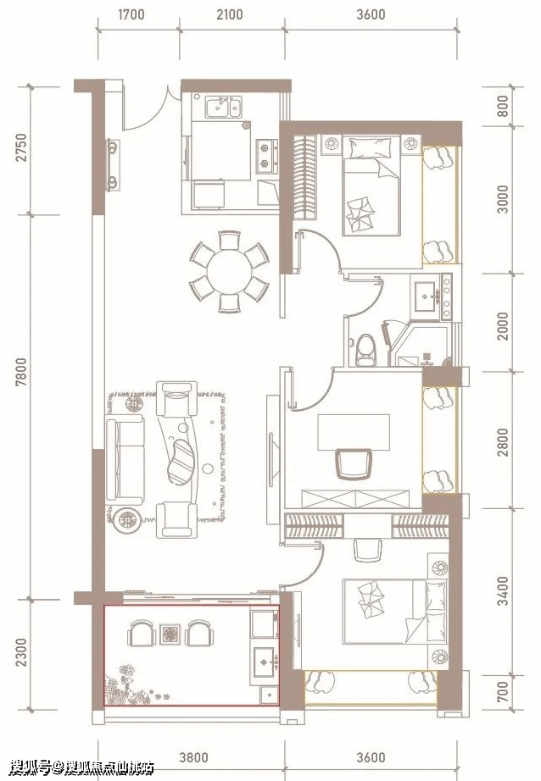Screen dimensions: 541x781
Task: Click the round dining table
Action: (229, 272)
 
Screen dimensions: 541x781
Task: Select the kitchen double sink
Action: (223, 107)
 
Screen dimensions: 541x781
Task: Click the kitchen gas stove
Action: (267, 156)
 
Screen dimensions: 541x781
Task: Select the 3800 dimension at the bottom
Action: (193, 757)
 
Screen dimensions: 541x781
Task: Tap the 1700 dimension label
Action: (131, 14)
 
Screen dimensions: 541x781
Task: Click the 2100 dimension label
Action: (230, 14)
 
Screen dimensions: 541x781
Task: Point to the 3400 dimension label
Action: (504, 590)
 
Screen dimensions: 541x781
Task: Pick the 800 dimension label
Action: (504, 106)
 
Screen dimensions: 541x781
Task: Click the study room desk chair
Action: (354, 463)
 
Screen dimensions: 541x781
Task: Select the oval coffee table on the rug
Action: (181, 461)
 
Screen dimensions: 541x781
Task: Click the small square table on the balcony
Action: (170, 634)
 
